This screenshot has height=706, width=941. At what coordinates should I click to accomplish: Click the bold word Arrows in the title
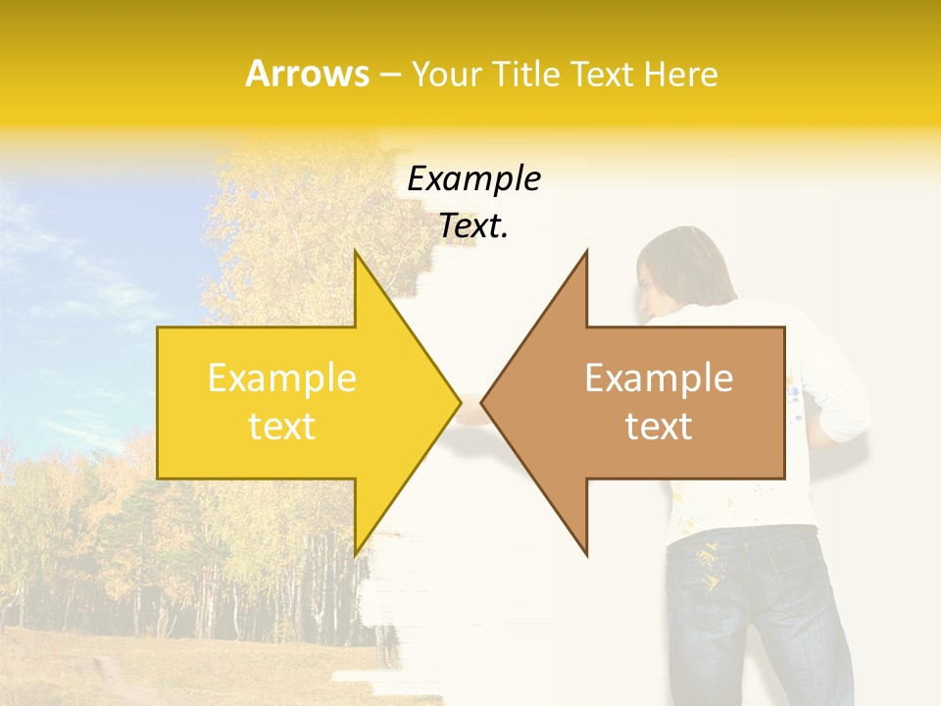click(308, 74)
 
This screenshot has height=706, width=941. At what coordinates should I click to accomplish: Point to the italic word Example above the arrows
click(473, 178)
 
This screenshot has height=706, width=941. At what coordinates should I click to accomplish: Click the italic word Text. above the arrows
click(473, 226)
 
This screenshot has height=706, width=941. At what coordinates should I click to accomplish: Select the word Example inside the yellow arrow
click(282, 378)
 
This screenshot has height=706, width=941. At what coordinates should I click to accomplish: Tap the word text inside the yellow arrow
click(282, 427)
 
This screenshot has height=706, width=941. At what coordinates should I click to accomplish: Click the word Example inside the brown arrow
click(659, 378)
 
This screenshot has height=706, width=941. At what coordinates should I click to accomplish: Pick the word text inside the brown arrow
click(659, 427)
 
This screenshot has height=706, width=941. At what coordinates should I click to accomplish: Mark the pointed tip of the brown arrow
click(482, 402)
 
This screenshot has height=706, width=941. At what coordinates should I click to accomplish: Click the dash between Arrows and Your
click(389, 75)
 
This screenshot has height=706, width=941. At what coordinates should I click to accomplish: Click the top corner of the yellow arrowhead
click(355, 252)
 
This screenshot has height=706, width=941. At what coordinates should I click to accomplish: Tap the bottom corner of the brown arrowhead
click(586, 555)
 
